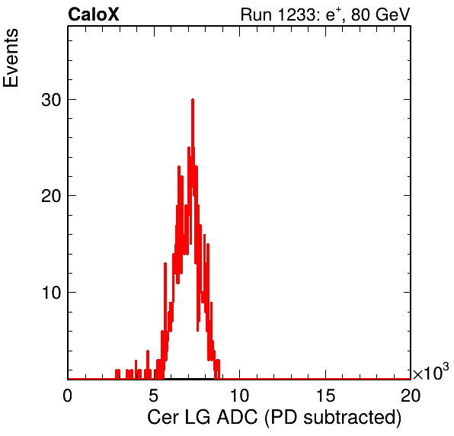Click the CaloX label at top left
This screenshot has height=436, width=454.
[x=94, y=14]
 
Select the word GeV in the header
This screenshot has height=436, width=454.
[x=392, y=14]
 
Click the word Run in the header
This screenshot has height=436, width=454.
[x=256, y=14]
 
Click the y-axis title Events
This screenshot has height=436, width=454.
[x=11, y=58]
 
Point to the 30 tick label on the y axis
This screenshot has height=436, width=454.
[x=51, y=100]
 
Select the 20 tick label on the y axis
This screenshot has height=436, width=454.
[x=51, y=196]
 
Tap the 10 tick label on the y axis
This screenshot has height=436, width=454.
[x=51, y=293]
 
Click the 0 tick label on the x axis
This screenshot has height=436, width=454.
[x=68, y=395]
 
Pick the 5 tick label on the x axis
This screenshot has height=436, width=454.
[x=153, y=395]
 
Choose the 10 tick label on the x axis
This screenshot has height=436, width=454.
[x=239, y=395]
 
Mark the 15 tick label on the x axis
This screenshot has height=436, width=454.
[x=325, y=395]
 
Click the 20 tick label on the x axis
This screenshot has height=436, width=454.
[x=411, y=395]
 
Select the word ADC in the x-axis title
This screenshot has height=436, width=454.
[x=237, y=417]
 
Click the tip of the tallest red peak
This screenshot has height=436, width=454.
[x=193, y=99]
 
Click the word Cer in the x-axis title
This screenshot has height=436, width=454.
[x=163, y=417]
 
